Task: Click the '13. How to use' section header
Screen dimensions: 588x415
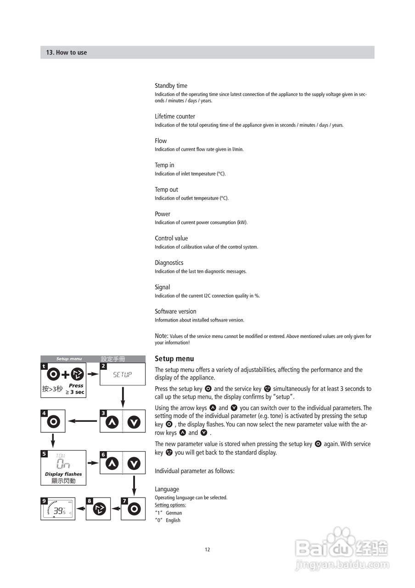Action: (66, 52)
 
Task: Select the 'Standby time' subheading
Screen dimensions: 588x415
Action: (171, 86)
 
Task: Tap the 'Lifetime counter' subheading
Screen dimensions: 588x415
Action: (175, 117)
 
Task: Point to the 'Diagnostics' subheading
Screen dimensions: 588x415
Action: (169, 263)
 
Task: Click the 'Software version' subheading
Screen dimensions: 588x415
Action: (175, 311)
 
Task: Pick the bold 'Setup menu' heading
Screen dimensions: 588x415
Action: (174, 359)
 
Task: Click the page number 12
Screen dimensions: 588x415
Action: (207, 550)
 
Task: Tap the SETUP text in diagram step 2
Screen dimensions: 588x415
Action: (123, 374)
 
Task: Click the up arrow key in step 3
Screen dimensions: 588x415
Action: (112, 422)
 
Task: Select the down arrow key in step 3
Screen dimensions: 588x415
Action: (134, 422)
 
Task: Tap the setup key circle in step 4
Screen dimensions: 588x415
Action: (53, 421)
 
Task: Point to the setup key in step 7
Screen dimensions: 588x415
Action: (134, 509)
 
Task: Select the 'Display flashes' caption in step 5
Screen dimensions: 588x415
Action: (63, 474)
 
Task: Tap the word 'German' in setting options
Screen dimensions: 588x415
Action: (174, 513)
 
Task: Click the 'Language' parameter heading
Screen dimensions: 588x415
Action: (167, 490)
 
